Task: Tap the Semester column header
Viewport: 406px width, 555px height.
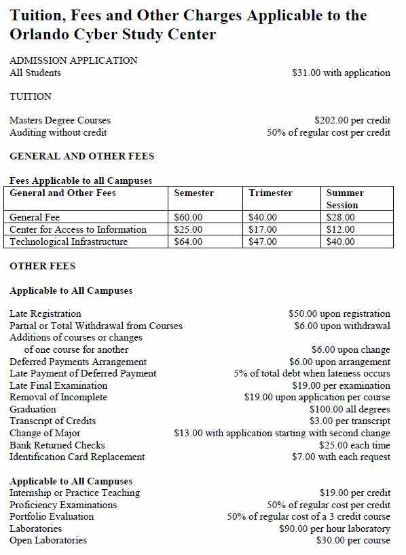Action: [193, 193]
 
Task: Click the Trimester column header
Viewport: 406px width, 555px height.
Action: [270, 193]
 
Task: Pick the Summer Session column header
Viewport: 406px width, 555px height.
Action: [345, 199]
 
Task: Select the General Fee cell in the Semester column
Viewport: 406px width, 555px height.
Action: [188, 217]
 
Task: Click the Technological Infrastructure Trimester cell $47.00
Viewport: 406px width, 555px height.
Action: [263, 242]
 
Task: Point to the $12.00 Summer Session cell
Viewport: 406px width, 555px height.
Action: [340, 229]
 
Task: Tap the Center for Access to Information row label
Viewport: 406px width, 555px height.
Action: [78, 229]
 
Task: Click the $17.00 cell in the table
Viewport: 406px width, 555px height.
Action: [263, 229]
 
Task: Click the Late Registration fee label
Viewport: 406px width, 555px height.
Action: [45, 313]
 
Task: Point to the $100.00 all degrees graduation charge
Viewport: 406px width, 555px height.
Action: [350, 409]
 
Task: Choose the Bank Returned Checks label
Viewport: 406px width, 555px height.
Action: [57, 445]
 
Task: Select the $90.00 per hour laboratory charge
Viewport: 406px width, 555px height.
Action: [335, 529]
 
